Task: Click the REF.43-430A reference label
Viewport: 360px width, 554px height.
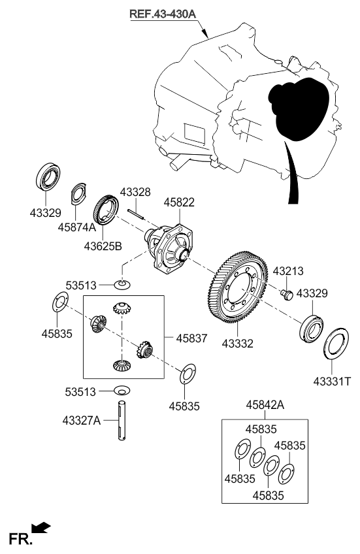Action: [x=163, y=14]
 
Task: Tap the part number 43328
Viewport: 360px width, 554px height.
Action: [x=135, y=192]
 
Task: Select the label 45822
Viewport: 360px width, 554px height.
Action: [x=179, y=203]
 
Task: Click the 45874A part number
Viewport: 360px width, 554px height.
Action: [x=76, y=227]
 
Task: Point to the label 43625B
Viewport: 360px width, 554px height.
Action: [x=103, y=246]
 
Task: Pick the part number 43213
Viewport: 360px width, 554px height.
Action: [x=288, y=271]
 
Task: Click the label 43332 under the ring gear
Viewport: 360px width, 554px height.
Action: [x=237, y=344]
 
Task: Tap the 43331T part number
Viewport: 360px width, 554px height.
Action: [x=332, y=382]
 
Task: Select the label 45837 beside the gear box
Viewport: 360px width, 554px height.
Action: [x=191, y=338]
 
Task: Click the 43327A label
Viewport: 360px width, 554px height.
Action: [x=81, y=421]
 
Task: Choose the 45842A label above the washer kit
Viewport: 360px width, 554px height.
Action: [x=265, y=405]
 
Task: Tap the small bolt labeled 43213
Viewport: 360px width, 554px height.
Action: [x=287, y=295]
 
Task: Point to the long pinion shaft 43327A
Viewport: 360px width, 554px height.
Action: [x=122, y=421]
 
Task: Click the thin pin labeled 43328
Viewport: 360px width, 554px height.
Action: [x=135, y=214]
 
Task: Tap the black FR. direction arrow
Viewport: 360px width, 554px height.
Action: [x=41, y=527]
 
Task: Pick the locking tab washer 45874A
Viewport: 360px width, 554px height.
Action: [x=78, y=193]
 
